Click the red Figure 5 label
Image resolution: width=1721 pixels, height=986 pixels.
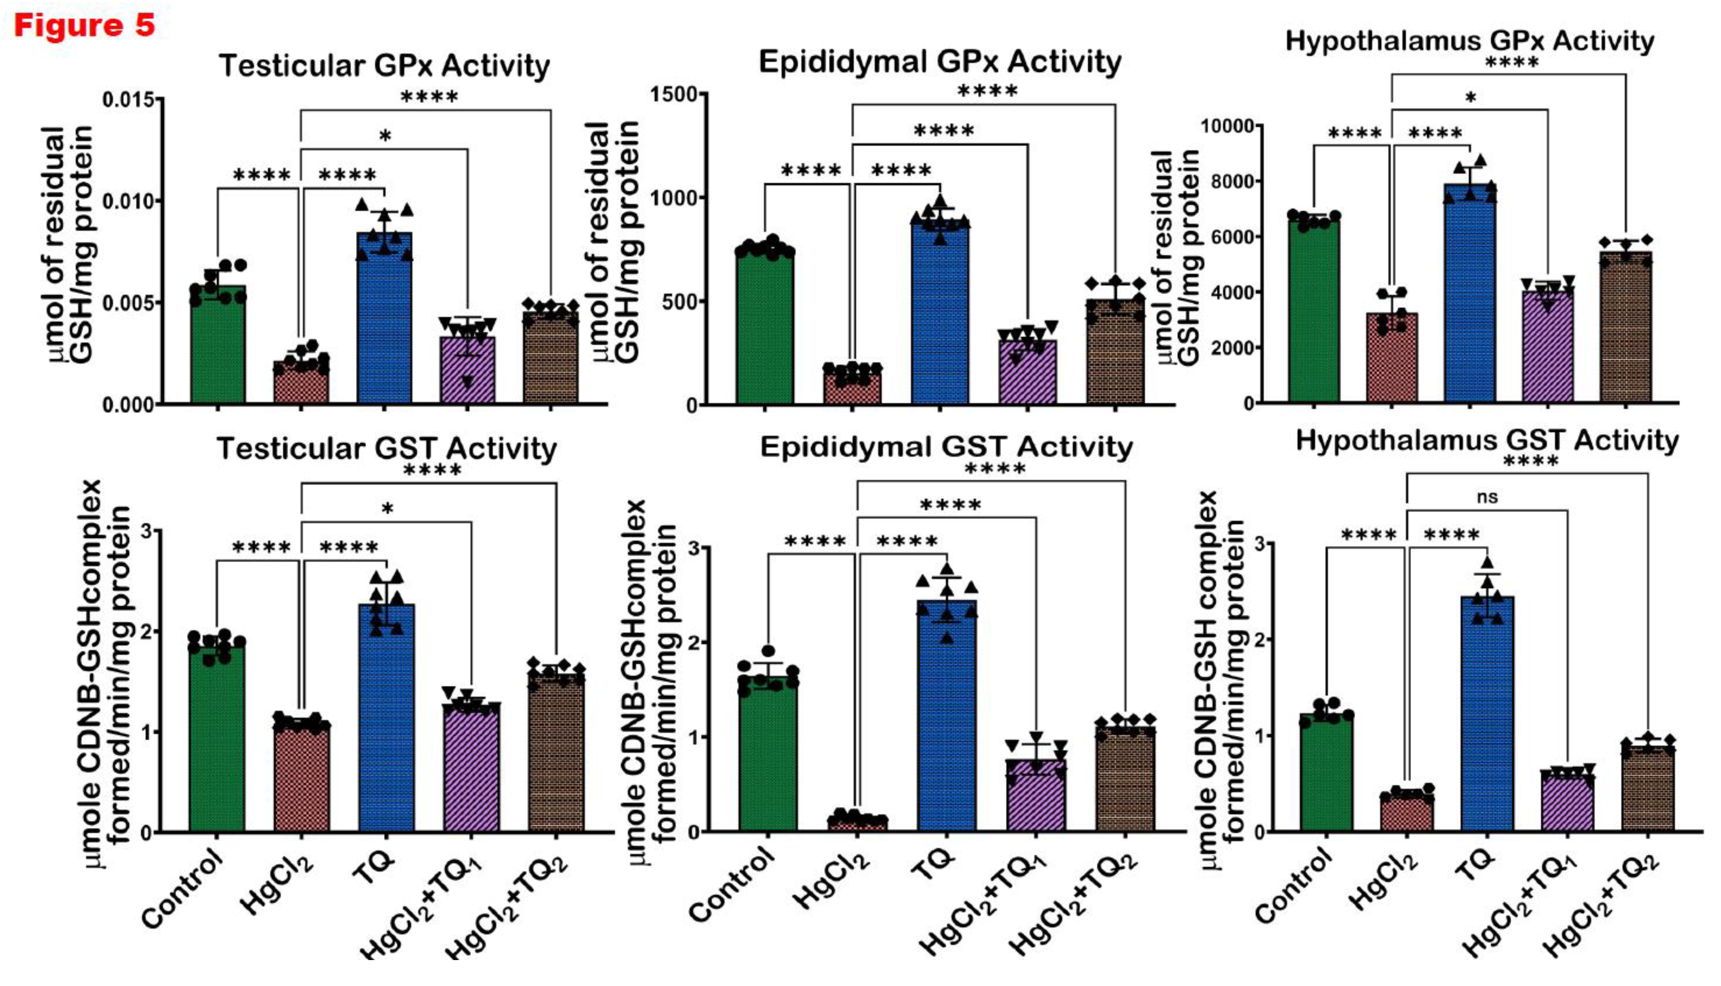(85, 26)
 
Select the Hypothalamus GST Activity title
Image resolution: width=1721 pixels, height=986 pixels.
(1487, 441)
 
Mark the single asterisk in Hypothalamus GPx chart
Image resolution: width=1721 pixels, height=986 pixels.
(1471, 99)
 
